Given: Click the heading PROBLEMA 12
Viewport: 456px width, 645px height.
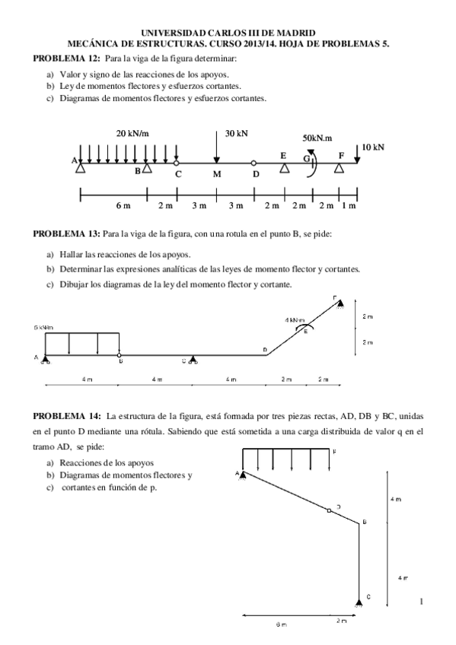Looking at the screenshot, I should (58, 58).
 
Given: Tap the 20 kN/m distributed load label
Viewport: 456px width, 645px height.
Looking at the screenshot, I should (132, 133).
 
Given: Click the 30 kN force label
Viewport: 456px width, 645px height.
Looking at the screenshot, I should (237, 133).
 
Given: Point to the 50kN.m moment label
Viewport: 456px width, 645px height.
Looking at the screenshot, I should (317, 138).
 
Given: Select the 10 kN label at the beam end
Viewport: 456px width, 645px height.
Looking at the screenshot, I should (373, 146).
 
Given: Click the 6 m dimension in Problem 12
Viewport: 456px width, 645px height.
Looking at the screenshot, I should (123, 206).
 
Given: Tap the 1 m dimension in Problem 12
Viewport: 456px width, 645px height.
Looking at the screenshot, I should (349, 206).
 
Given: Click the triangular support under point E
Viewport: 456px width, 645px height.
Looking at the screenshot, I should (284, 167).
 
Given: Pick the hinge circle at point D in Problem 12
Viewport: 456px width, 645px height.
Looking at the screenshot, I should (254, 163).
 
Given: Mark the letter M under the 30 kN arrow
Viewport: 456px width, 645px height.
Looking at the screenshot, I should (217, 174).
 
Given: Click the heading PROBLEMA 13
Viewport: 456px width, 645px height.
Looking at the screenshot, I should (58, 233).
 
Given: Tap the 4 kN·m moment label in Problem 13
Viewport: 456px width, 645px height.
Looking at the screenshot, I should (295, 320).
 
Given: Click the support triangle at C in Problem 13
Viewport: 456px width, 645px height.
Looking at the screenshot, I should (193, 359).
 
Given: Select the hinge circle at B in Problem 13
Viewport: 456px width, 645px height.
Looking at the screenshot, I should (120, 354).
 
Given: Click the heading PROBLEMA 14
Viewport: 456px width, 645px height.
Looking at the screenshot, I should (58, 416).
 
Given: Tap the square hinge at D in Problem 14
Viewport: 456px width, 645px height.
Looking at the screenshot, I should (329, 510).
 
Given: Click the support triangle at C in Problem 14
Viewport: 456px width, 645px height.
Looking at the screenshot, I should (359, 602).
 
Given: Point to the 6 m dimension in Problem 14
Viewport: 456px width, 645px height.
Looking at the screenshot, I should (281, 624).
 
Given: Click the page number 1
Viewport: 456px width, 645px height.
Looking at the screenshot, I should (420, 602).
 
